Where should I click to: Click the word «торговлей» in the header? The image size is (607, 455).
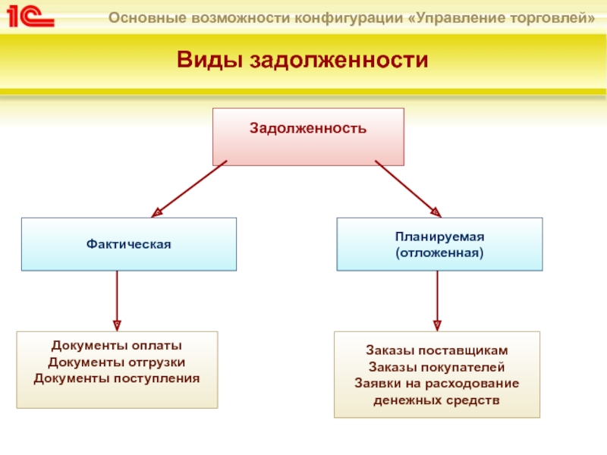click(x=554, y=17)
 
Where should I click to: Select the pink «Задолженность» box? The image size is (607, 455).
click(x=308, y=136)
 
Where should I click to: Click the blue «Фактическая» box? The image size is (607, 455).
click(x=128, y=244)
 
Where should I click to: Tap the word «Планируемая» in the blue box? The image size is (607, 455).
click(x=439, y=237)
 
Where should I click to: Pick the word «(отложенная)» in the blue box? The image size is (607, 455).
click(x=439, y=251)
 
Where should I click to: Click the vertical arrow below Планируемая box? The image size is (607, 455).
click(x=437, y=300)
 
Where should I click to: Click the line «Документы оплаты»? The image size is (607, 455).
click(x=117, y=347)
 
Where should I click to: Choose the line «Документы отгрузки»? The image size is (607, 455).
click(x=117, y=362)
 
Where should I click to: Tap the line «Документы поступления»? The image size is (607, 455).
click(x=117, y=377)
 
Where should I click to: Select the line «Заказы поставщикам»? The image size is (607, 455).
click(x=437, y=352)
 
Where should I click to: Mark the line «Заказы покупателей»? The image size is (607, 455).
click(x=437, y=367)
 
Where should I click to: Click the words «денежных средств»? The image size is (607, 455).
click(x=437, y=398)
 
